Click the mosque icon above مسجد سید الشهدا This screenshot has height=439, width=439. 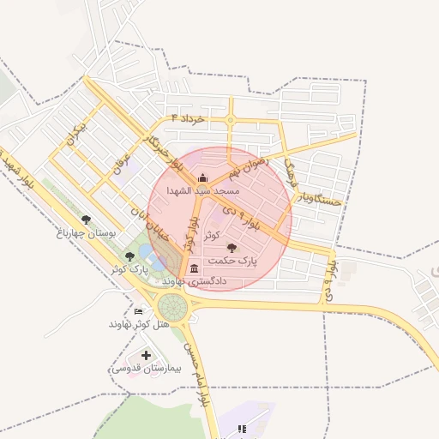point(202,178)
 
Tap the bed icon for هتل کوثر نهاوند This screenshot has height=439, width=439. point(139,310)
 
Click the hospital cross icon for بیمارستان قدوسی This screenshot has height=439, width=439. point(146,355)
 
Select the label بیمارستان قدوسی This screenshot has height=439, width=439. point(141,368)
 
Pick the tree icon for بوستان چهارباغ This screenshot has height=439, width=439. point(86,219)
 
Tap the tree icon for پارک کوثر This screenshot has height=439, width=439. point(129,256)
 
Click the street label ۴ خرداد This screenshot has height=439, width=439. point(188,118)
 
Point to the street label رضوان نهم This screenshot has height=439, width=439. point(250,160)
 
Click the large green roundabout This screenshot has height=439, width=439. point(172,305)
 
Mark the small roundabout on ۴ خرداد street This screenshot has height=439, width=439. point(230,121)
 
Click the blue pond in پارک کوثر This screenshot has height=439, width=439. point(147,253)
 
